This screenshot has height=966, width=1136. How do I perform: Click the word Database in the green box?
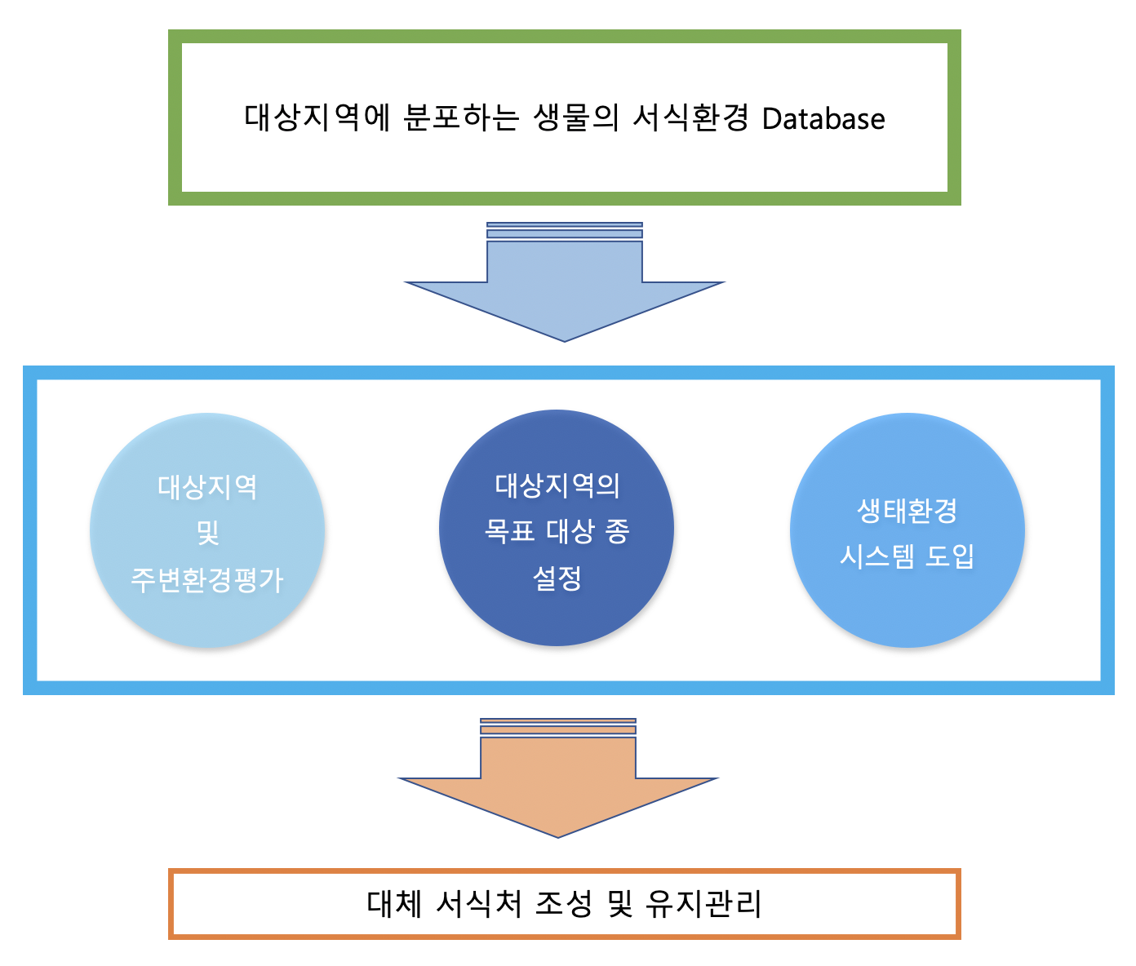[x=823, y=118]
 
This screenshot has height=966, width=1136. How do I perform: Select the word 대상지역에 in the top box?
[x=317, y=117]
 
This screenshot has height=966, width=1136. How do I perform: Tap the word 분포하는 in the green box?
[x=460, y=117]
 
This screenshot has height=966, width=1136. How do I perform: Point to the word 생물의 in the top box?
[x=575, y=117]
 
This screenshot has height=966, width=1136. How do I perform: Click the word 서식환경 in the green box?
[x=690, y=117]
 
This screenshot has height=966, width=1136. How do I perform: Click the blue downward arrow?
[x=565, y=282]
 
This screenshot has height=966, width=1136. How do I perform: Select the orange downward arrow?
[x=558, y=778]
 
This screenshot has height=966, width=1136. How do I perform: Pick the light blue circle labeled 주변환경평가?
[x=207, y=530]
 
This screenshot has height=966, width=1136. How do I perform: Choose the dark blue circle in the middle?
[x=557, y=528]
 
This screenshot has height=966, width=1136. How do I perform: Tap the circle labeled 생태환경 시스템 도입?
[x=907, y=530]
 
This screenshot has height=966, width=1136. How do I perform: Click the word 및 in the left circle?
[x=208, y=533]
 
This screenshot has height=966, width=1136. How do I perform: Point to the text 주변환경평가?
[x=207, y=580]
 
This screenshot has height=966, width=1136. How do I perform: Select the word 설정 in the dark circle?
[x=557, y=578]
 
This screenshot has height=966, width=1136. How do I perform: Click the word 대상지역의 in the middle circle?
[x=557, y=485]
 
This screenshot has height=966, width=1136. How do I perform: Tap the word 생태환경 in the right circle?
[x=907, y=511]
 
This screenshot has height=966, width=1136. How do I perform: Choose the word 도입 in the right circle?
[x=950, y=556]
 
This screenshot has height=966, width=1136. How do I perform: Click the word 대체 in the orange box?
[x=394, y=904]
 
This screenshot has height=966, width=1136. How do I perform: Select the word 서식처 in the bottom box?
[x=478, y=904]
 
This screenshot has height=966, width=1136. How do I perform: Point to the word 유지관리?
[x=703, y=904]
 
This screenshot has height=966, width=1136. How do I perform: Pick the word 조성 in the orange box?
[x=563, y=904]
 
